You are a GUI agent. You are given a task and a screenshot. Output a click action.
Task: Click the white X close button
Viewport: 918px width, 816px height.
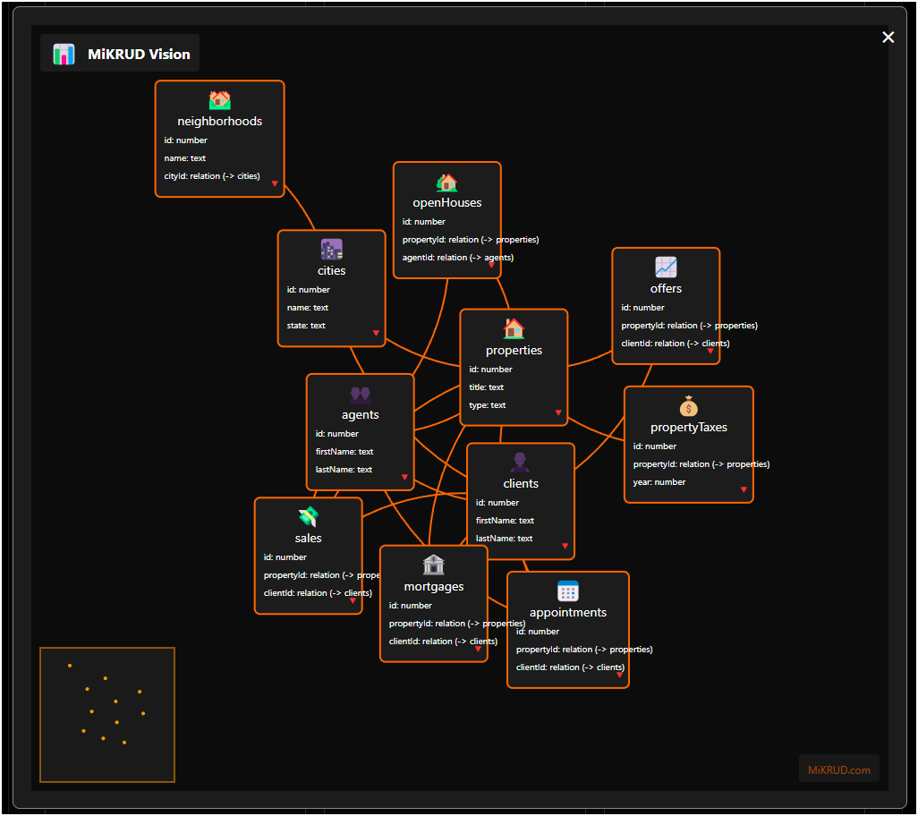pyautogui.click(x=888, y=37)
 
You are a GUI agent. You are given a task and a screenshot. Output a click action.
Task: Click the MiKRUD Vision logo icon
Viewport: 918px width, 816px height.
pyautogui.click(x=64, y=54)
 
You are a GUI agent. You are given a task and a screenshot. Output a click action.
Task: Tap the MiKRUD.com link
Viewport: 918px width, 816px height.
pyautogui.click(x=838, y=769)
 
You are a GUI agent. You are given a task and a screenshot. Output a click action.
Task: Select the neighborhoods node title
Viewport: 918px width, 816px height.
pyautogui.click(x=219, y=121)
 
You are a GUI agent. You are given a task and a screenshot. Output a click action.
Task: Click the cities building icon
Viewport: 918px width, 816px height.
pyautogui.click(x=331, y=250)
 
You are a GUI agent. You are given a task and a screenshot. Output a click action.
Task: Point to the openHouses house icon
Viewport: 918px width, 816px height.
pyautogui.click(x=446, y=183)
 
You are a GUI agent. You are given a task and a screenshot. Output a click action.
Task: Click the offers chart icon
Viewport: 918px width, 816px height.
pyautogui.click(x=666, y=268)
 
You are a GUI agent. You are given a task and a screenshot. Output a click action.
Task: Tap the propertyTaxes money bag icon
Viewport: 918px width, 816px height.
pyautogui.click(x=688, y=406)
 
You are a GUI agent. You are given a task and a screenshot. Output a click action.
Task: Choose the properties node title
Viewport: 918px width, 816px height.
pyautogui.click(x=514, y=350)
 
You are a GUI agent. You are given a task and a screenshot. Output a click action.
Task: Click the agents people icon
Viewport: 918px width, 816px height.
pyautogui.click(x=360, y=394)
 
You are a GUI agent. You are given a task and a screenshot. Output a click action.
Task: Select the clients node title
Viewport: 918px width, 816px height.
pyautogui.click(x=521, y=483)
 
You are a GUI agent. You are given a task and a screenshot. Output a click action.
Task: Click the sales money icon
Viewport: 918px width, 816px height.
pyautogui.click(x=308, y=517)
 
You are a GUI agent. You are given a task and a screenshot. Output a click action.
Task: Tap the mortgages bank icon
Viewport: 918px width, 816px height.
pyautogui.click(x=433, y=565)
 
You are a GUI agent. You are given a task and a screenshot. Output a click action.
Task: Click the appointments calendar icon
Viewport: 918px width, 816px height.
pyautogui.click(x=568, y=591)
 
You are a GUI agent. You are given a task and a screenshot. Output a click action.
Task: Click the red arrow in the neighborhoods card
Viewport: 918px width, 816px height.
pyautogui.click(x=275, y=183)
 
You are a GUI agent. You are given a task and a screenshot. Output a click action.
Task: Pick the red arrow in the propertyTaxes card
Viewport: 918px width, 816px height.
pyautogui.click(x=744, y=489)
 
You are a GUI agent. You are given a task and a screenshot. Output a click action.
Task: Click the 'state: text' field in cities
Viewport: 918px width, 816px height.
pyautogui.click(x=306, y=326)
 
